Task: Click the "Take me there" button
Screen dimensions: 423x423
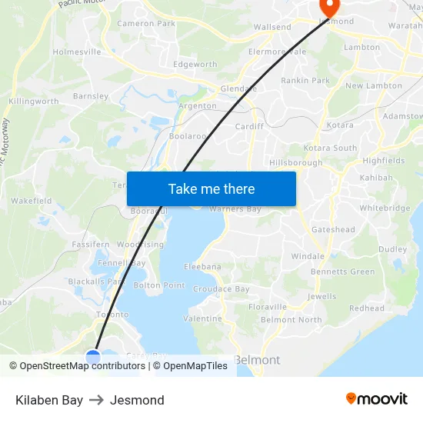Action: coord(211,188)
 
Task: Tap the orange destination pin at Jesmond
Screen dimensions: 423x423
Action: coord(329,8)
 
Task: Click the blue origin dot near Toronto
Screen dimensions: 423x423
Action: coord(93,358)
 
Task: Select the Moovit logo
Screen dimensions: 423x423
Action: coord(376,399)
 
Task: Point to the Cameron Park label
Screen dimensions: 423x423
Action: coord(146,24)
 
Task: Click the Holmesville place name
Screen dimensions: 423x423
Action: coord(76,52)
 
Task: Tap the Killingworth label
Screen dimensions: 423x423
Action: coord(33,102)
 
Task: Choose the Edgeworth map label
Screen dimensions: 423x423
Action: coord(195,65)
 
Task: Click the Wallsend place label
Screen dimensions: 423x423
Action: coord(272,27)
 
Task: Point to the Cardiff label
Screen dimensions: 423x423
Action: coord(249,126)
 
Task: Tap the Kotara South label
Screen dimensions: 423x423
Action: coord(330,148)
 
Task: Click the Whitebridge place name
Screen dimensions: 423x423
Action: coord(385,208)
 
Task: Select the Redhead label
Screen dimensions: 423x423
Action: coord(367,308)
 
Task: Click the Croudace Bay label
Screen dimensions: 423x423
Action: coord(221,289)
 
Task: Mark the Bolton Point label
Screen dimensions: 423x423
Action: coord(159,285)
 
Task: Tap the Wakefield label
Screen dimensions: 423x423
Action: coord(32,201)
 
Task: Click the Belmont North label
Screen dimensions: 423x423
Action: coord(291,320)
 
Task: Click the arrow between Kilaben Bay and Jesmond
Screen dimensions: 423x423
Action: coord(96,400)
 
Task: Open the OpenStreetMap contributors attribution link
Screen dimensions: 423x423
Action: coord(82,366)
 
